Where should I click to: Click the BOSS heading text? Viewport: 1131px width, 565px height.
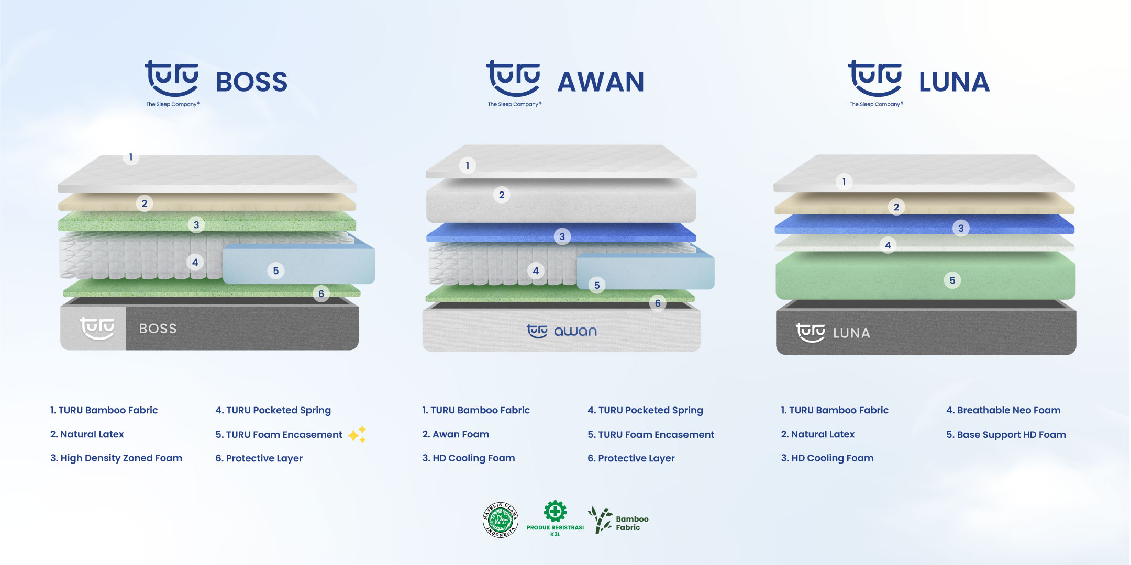(251, 82)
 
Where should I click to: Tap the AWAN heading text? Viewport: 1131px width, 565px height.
(601, 82)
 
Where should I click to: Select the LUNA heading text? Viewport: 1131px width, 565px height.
(954, 82)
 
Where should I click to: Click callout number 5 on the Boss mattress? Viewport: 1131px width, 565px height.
(276, 271)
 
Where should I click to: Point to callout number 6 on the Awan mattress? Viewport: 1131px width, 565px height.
(658, 303)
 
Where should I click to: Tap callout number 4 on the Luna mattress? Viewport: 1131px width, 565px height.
(888, 245)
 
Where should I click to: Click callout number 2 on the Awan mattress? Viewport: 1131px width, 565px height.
(502, 195)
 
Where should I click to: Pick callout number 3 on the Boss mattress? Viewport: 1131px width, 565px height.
(196, 225)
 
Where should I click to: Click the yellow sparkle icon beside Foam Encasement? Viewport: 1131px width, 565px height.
(357, 434)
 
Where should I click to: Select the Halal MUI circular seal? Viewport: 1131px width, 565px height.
(501, 519)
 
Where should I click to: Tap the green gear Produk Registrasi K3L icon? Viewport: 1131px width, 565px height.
(555, 511)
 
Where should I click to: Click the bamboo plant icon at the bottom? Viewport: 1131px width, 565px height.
(600, 520)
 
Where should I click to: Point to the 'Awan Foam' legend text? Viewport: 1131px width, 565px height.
(456, 434)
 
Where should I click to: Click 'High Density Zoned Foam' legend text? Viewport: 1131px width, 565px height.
(116, 458)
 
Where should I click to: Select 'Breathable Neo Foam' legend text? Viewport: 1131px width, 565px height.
(1003, 410)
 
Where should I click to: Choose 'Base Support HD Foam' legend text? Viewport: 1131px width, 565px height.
(1006, 435)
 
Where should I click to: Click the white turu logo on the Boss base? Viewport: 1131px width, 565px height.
(97, 328)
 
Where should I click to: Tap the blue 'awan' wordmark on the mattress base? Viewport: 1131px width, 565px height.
(575, 332)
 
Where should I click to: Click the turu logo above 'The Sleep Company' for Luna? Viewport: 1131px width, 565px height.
(875, 78)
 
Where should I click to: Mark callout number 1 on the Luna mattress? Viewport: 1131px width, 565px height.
(844, 182)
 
